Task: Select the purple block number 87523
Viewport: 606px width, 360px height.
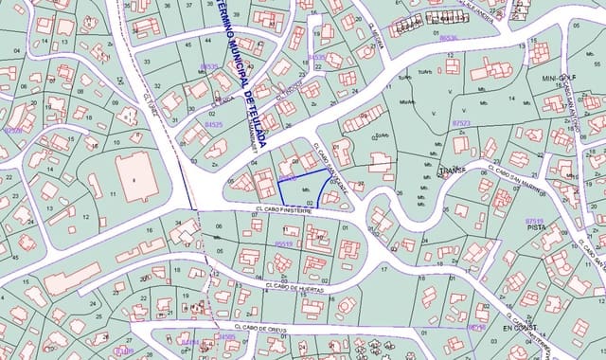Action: tap(461, 123)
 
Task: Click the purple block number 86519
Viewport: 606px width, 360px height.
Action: tap(282, 243)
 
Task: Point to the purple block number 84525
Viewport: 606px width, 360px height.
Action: tap(214, 124)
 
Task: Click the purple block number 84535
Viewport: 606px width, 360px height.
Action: tap(316, 57)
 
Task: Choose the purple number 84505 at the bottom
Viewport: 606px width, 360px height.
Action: tap(227, 336)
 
